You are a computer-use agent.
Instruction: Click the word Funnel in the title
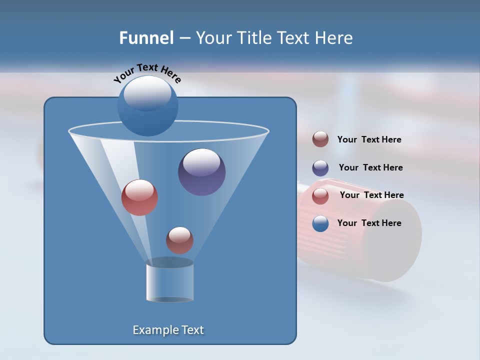tap(146, 37)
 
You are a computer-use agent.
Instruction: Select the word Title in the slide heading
tap(253, 37)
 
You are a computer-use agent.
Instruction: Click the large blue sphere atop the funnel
tap(147, 105)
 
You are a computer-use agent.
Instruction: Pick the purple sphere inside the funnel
tap(202, 172)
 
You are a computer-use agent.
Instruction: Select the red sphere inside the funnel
tap(139, 197)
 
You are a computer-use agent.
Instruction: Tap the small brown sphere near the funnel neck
tap(179, 240)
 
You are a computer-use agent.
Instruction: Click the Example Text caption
tap(168, 330)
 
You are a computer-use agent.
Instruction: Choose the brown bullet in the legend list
tap(320, 139)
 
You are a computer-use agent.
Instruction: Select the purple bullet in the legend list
tap(320, 168)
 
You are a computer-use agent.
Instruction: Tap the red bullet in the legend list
tap(320, 196)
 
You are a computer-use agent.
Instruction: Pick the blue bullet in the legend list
tap(320, 223)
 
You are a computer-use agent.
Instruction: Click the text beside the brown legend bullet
tap(369, 139)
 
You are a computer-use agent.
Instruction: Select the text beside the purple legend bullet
tap(370, 167)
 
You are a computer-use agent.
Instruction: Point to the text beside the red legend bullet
tap(371, 195)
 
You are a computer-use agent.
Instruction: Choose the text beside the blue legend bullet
tap(369, 223)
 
